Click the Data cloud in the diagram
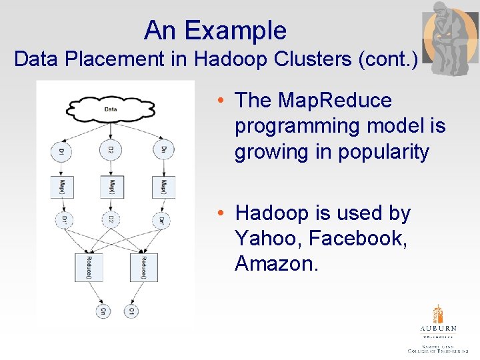tap(111, 109)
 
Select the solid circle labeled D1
tap(61, 151)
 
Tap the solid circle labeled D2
tap(111, 149)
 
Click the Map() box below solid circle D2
tap(112, 186)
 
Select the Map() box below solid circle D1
tap(62, 186)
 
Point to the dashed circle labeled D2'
tap(112, 220)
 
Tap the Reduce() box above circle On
tap(89, 267)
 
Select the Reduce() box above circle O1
tap(143, 267)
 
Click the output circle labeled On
tap(103, 311)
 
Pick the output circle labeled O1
tap(132, 311)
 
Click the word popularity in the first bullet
tap(383, 152)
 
